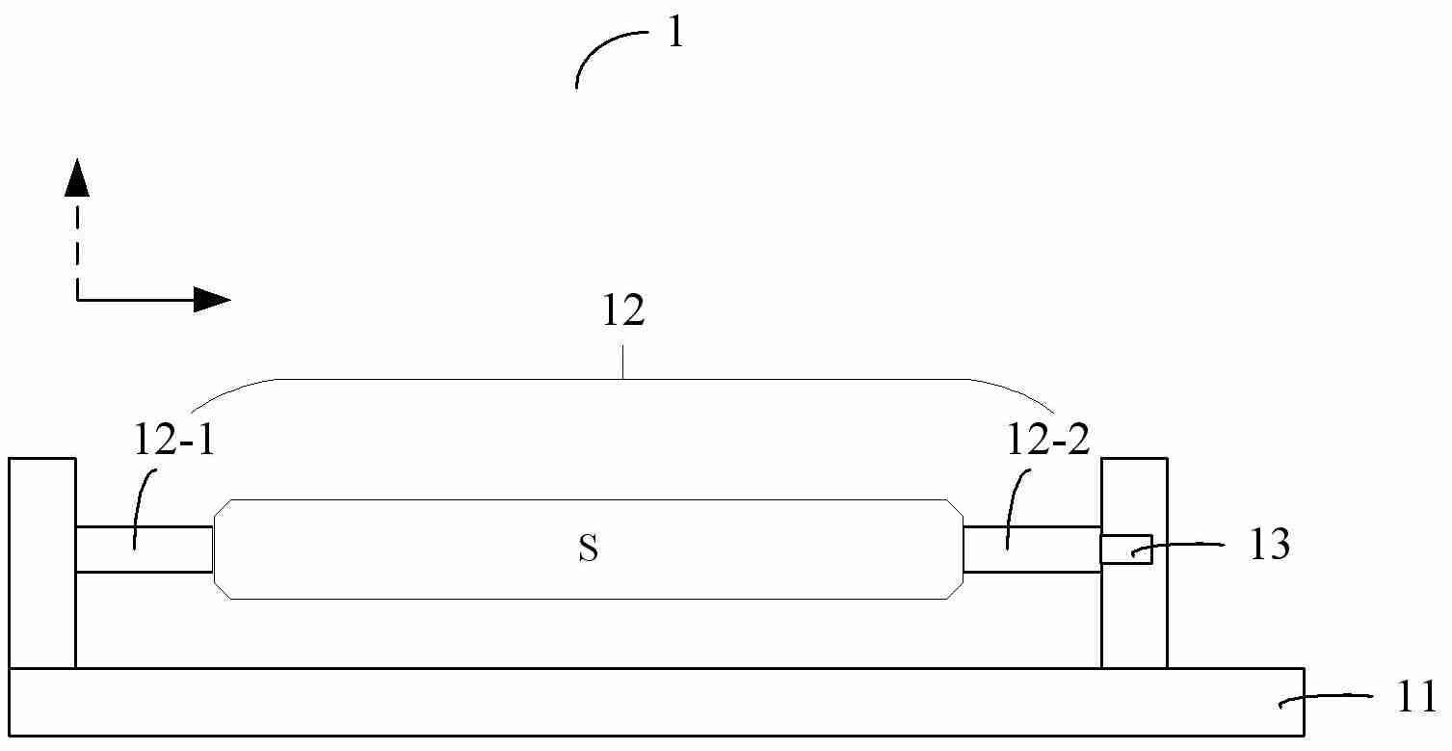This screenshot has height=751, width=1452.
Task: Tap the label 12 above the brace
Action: pos(623,310)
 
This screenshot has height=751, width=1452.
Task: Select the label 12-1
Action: pos(173,440)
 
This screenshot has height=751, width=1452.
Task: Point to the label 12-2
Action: pos(1047,440)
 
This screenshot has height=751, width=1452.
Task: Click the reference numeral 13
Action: pos(1269,544)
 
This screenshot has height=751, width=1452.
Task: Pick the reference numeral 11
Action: pos(1417,698)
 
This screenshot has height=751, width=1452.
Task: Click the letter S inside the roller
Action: pos(589,549)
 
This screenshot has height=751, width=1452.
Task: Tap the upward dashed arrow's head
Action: pos(77,177)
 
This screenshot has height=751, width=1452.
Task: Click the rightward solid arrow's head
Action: pos(213,300)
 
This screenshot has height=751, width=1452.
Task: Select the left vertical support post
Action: pos(42,563)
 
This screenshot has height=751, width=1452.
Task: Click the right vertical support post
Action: pos(1134,563)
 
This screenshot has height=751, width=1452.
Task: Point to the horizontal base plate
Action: pos(656,702)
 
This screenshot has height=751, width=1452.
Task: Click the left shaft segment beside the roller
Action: pos(145,550)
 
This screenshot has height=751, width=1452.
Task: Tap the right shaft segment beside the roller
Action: pos(1032,550)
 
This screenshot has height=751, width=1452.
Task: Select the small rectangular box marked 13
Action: pos(1126,550)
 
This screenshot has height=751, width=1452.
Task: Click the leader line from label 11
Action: pos(1325,699)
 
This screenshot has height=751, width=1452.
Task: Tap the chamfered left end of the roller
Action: pos(223,550)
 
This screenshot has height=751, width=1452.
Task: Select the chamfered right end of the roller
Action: pos(955,550)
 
